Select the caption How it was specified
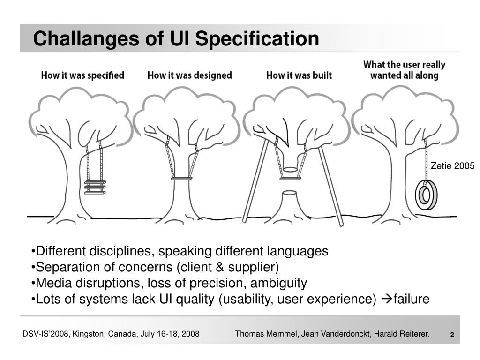tap(82, 75)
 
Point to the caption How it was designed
tap(189, 75)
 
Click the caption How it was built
tap(299, 75)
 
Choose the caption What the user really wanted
tap(404, 70)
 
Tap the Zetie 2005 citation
tap(453, 166)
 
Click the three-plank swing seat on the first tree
tap(95, 187)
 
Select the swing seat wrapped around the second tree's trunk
tap(181, 179)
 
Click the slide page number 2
tap(452, 335)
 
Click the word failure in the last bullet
tap(411, 299)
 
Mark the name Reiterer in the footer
tap(413, 334)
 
